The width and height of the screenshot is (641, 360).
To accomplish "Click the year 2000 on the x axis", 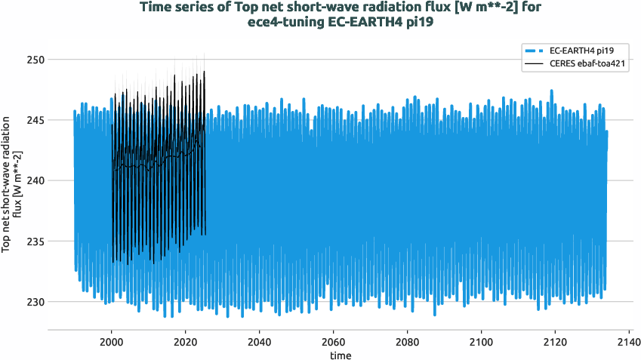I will pyautogui.click(x=112, y=341).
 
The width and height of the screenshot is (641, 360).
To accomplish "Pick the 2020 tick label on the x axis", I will pyautogui.click(x=186, y=341).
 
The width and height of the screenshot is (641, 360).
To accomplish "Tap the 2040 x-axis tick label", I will pyautogui.click(x=260, y=341).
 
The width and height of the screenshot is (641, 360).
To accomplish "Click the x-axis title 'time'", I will pyautogui.click(x=340, y=355).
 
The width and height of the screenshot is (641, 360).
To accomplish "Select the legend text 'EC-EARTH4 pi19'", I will pyautogui.click(x=580, y=51).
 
